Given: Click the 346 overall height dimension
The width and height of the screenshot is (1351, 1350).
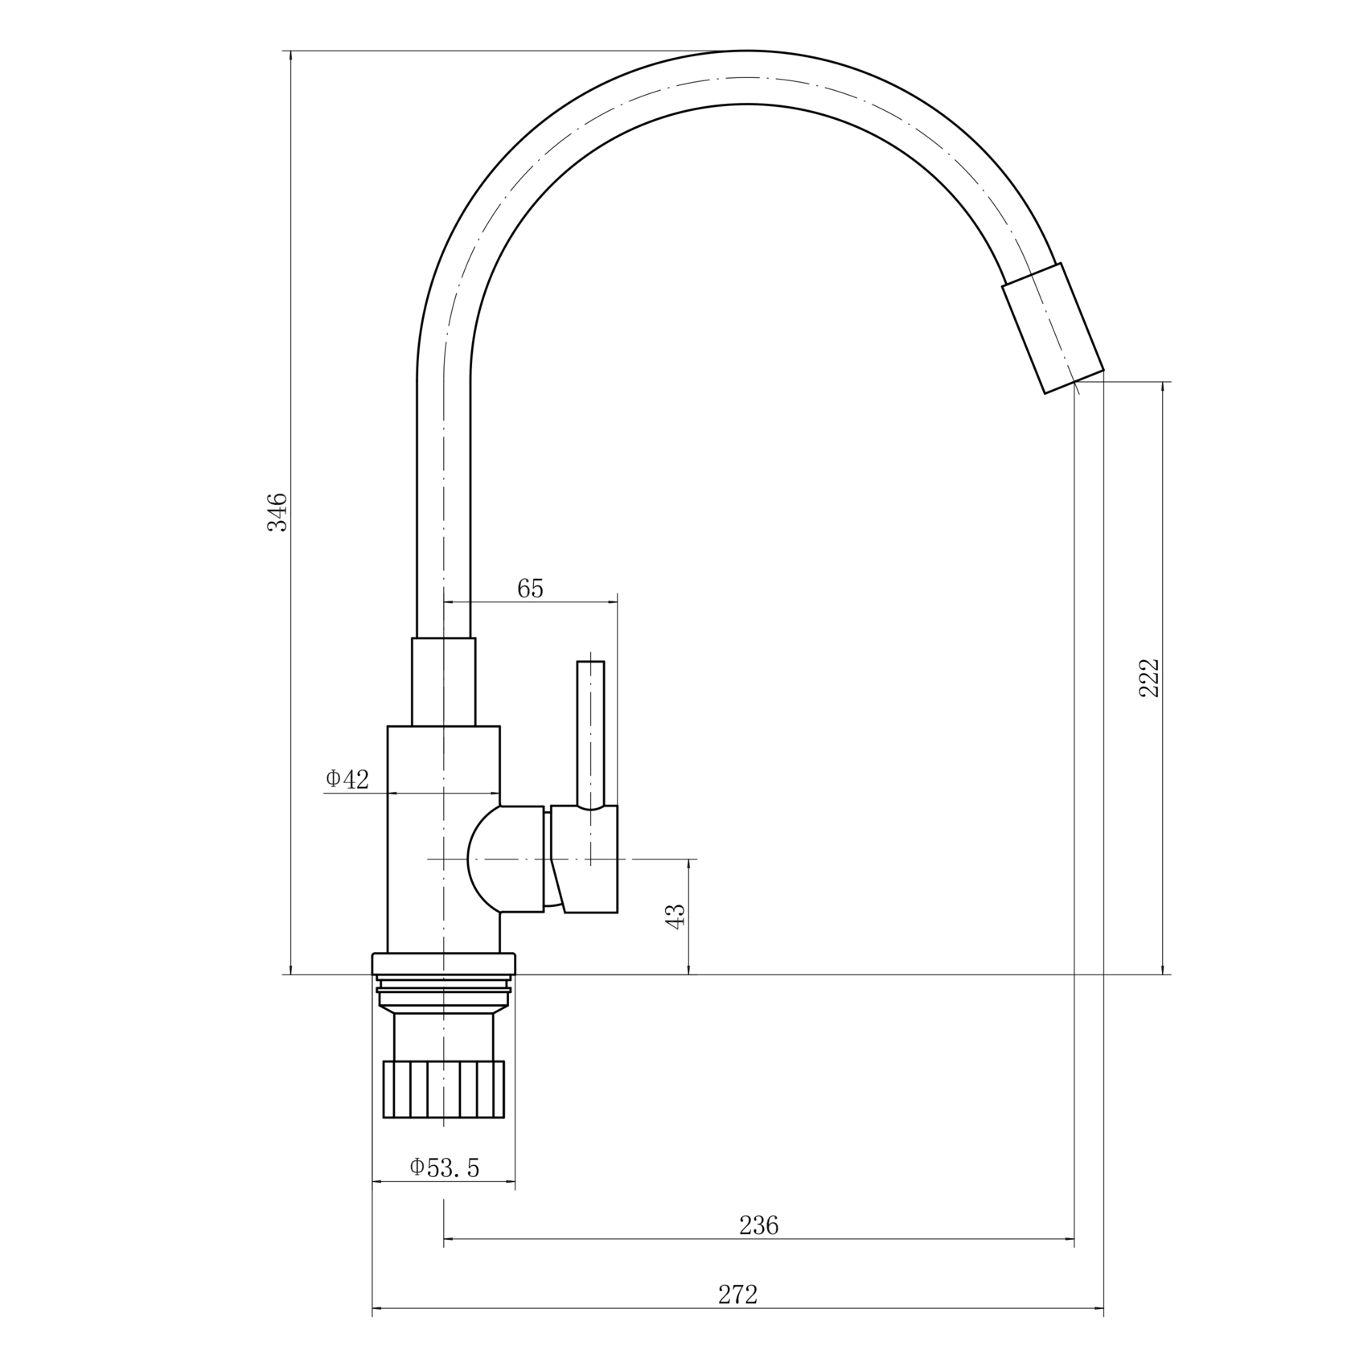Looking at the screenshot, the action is (277, 511).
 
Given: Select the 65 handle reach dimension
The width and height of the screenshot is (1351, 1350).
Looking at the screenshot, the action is (530, 589).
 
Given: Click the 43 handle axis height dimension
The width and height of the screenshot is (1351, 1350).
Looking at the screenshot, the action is (676, 916).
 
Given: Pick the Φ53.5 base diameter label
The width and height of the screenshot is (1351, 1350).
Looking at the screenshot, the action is (445, 1167).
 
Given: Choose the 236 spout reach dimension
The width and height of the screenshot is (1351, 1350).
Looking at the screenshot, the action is (759, 1225).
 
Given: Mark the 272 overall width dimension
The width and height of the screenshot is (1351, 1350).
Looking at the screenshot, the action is (737, 1295).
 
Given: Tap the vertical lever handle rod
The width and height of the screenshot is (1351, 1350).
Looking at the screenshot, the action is (590, 733).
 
